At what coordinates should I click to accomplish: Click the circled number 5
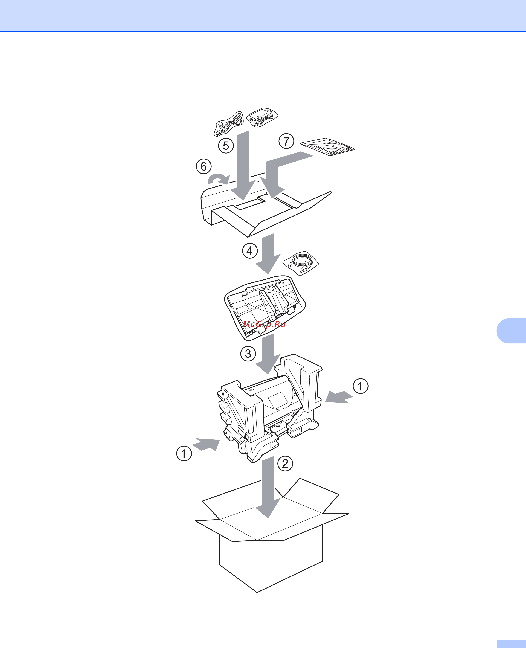(226, 146)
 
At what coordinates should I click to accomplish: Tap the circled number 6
(204, 166)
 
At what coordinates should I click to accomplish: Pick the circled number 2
(285, 464)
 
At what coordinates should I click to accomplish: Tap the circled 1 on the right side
(361, 386)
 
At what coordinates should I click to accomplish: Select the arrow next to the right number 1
(339, 397)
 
